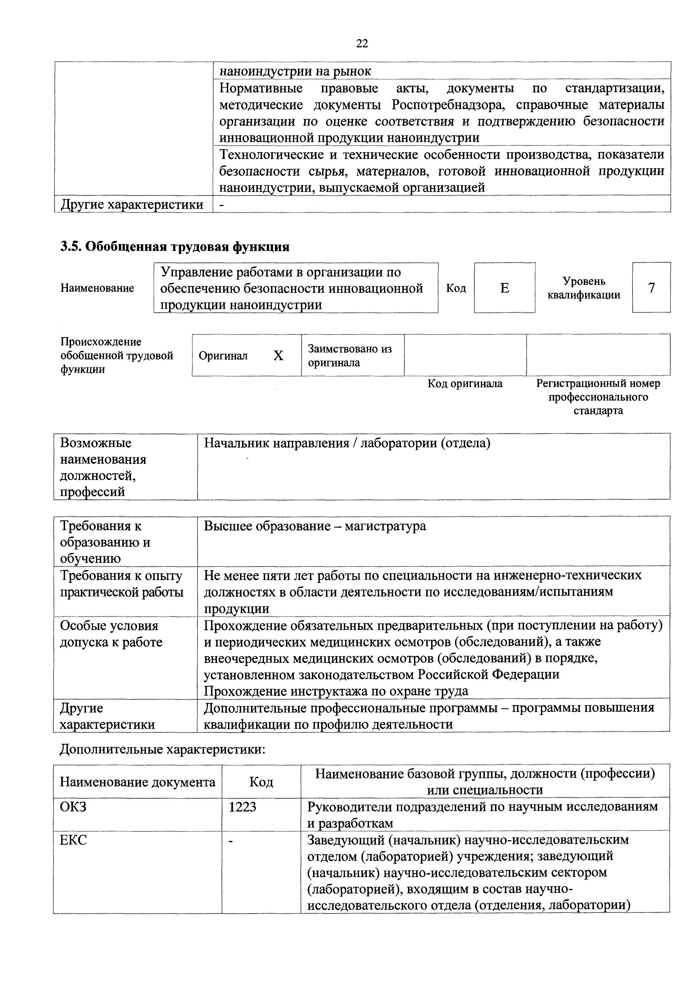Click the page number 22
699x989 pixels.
tap(362, 43)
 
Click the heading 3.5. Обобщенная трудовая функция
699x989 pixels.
tap(174, 247)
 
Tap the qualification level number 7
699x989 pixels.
tap(651, 287)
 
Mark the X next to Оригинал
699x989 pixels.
tap(278, 356)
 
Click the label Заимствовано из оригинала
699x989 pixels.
tap(350, 355)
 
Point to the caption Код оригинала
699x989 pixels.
tap(465, 383)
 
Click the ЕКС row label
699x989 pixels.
tap(73, 840)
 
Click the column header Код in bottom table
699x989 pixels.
tap(261, 782)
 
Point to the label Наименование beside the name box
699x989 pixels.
tap(97, 288)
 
